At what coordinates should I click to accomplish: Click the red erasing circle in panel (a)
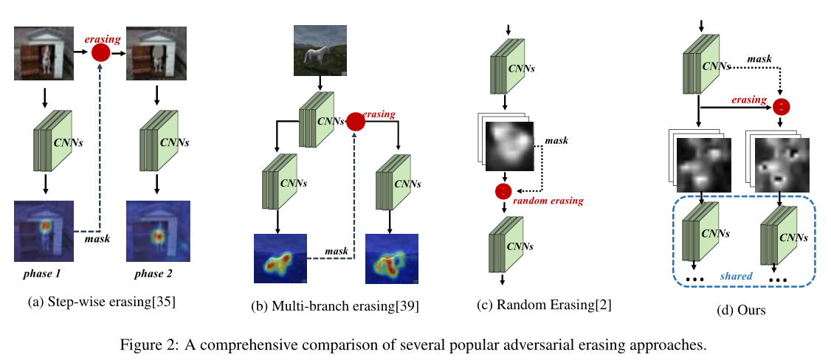coord(100,52)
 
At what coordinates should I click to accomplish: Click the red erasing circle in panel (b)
coord(356,122)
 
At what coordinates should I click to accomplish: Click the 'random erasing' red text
coord(548,201)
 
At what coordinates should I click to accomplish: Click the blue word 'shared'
coord(737,276)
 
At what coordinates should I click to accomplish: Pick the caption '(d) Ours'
coord(741,311)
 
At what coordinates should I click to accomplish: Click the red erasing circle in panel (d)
coord(781,107)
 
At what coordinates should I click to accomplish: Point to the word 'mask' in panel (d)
coord(759,58)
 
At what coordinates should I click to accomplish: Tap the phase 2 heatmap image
coord(156,231)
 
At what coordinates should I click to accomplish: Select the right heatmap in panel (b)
coord(392,259)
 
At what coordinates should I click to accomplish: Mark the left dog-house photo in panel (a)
coord(43,53)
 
